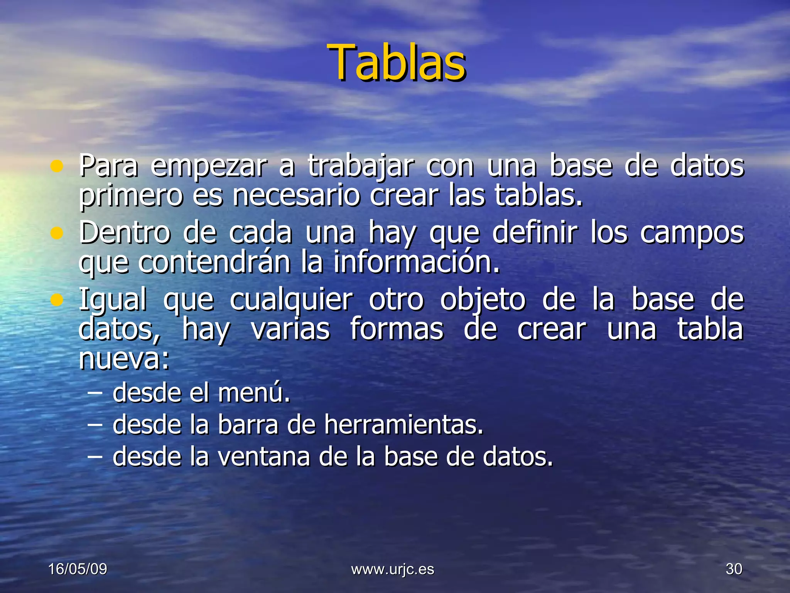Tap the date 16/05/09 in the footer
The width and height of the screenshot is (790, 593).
pyautogui.click(x=78, y=569)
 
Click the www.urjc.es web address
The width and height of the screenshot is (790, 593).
pyautogui.click(x=393, y=569)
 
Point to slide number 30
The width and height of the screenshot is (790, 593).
pyautogui.click(x=734, y=569)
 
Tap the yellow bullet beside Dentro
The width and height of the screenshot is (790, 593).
pyautogui.click(x=57, y=233)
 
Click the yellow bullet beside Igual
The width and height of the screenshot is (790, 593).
pyautogui.click(x=57, y=300)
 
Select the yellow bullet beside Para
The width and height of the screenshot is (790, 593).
pyautogui.click(x=57, y=166)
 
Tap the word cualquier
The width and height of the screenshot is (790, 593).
pyautogui.click(x=291, y=300)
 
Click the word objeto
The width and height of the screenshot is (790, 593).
pyautogui.click(x=483, y=300)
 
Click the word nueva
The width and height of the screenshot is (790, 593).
pyautogui.click(x=123, y=359)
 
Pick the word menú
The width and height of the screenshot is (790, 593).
pyautogui.click(x=253, y=393)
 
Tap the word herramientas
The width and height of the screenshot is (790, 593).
pyautogui.click(x=403, y=424)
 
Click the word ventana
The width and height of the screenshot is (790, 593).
pyautogui.click(x=264, y=456)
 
